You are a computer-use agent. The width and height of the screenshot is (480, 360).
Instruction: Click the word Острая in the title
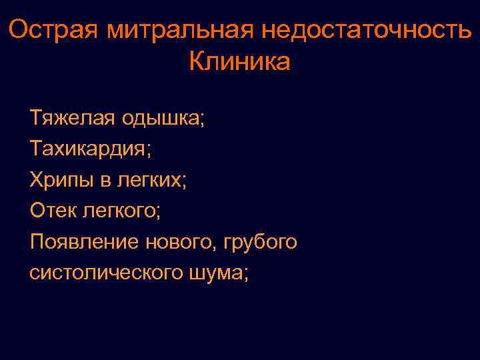pyautogui.click(x=50, y=30)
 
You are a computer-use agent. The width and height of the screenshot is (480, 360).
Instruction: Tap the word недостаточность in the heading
pyautogui.click(x=367, y=30)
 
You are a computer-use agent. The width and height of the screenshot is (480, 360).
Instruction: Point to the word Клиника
pyautogui.click(x=240, y=62)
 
